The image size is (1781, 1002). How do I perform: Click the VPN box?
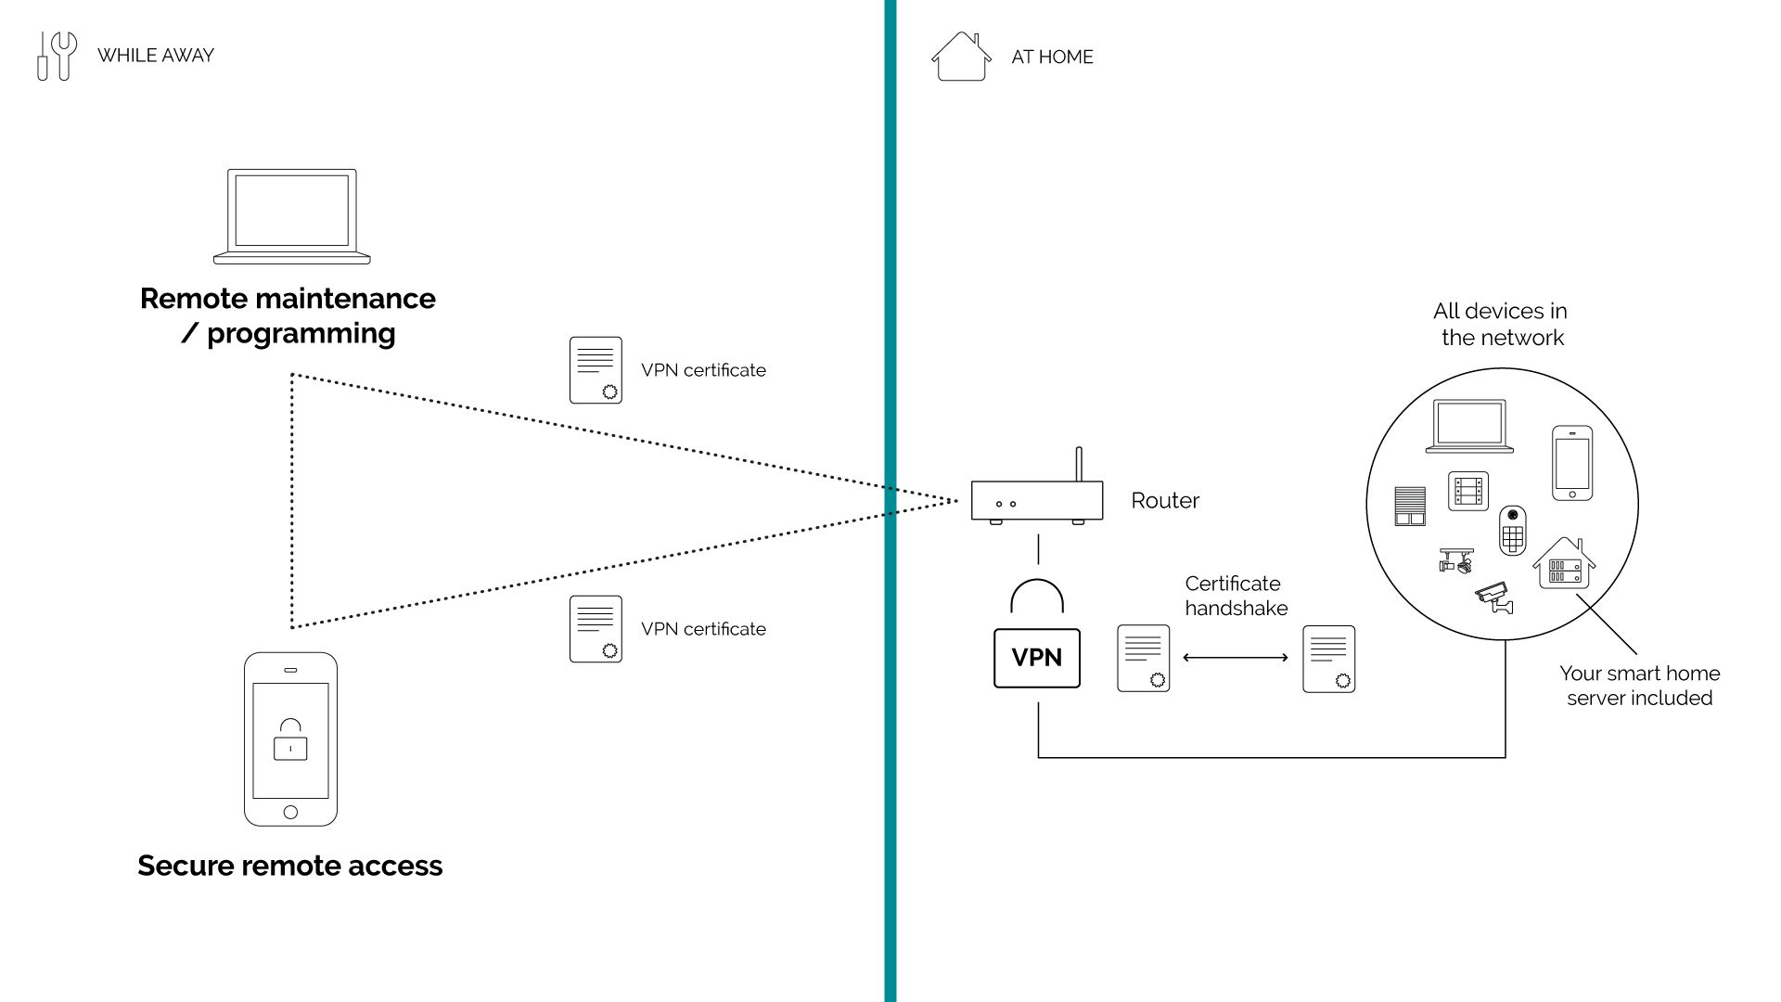click(x=1036, y=658)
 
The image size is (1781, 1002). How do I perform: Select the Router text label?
click(x=1165, y=501)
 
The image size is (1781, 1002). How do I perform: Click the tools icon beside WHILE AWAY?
click(x=57, y=56)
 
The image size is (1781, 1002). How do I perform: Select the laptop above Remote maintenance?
click(x=292, y=216)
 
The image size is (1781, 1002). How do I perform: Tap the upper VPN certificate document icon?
click(x=596, y=370)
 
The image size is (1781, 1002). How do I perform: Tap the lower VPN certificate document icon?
click(x=596, y=629)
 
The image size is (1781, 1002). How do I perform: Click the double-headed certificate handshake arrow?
click(x=1236, y=658)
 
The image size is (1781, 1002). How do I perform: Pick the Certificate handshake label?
click(x=1236, y=596)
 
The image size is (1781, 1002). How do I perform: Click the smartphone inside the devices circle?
click(x=1572, y=463)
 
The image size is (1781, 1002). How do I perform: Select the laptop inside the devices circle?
click(x=1469, y=427)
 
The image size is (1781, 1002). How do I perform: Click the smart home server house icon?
click(x=1564, y=564)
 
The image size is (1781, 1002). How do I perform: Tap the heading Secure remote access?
click(x=290, y=866)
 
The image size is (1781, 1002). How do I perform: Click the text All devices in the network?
click(x=1502, y=325)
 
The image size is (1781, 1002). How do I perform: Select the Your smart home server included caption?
click(x=1639, y=686)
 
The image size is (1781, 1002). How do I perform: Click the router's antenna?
click(x=1079, y=463)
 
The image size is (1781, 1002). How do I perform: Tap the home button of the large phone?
click(x=290, y=812)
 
